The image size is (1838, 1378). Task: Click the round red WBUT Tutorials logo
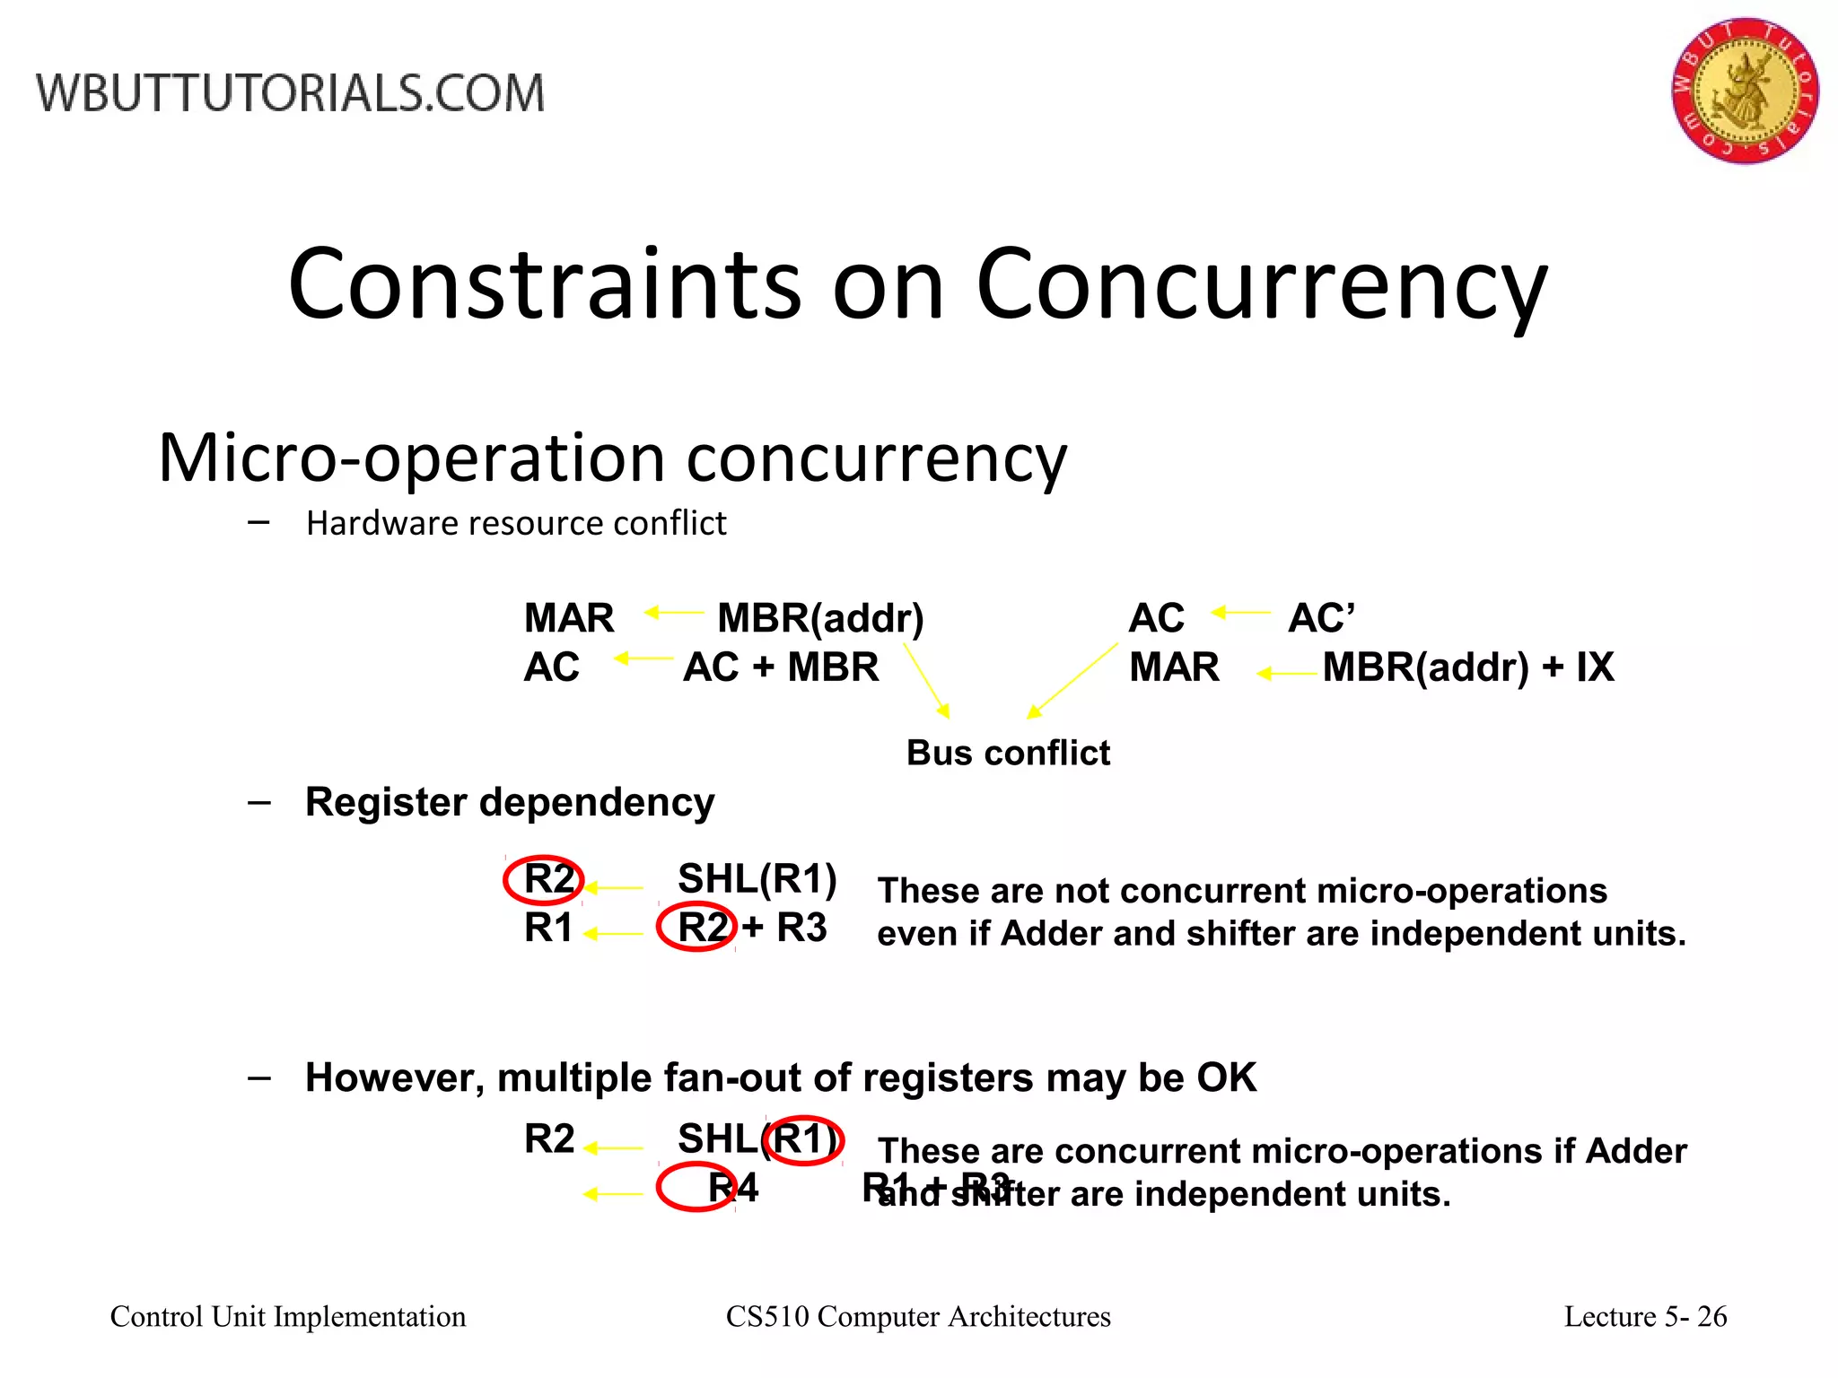tap(1745, 91)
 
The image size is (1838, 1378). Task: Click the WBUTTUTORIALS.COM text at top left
tap(290, 93)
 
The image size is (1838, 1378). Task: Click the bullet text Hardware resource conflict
tap(516, 523)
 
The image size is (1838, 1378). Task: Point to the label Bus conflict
tap(1008, 753)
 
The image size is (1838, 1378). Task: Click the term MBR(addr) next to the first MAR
tap(820, 618)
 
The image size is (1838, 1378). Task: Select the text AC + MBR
tap(781, 667)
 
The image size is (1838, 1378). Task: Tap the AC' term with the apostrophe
tap(1321, 618)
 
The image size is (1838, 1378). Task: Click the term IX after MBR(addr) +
tap(1595, 667)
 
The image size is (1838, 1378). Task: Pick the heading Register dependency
tap(510, 802)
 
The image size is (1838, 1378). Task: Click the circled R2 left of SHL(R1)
tap(545, 879)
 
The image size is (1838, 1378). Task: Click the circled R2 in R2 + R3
tap(697, 928)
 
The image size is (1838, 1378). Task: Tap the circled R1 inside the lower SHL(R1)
tap(802, 1139)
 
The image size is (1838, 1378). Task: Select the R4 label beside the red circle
tap(733, 1188)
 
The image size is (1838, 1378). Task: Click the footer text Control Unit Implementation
tap(288, 1316)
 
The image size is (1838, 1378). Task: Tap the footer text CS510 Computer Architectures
tap(918, 1316)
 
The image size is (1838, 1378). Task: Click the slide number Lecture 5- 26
tap(1645, 1316)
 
